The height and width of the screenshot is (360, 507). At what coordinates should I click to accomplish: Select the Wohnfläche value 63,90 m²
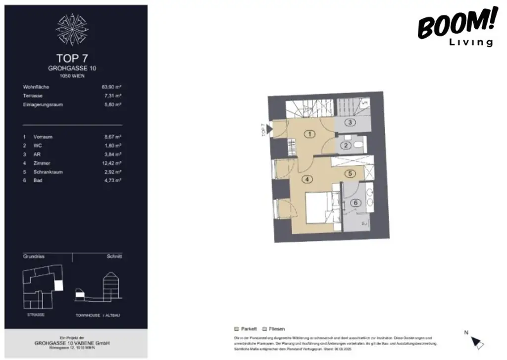click(111, 87)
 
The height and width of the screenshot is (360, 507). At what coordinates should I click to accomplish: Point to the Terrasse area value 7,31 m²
click(113, 96)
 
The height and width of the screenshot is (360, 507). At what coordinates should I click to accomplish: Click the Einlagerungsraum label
click(43, 104)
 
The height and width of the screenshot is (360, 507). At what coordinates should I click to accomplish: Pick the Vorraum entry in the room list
click(43, 136)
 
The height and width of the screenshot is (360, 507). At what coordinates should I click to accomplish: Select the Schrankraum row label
click(48, 172)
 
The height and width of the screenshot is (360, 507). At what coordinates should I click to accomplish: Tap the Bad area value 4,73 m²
click(113, 181)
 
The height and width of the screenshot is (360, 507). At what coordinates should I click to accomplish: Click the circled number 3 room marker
click(349, 122)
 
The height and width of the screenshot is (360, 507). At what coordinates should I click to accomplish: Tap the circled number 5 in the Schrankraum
click(350, 173)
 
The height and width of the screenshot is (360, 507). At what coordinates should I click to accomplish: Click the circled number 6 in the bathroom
click(355, 203)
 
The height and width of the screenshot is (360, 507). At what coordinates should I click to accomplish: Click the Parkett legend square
click(236, 329)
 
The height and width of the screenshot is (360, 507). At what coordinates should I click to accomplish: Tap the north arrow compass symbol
click(477, 342)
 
